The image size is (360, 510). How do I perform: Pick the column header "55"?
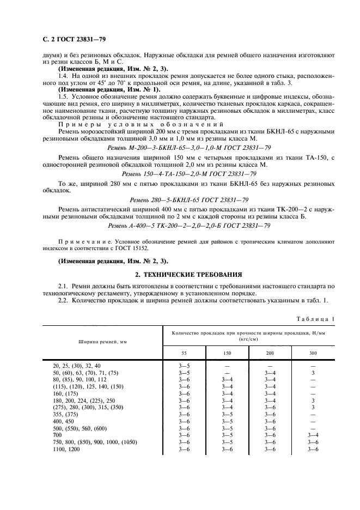coord(184,353)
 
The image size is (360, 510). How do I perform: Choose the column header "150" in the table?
coord(227,353)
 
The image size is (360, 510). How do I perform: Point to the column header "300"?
coord(313,353)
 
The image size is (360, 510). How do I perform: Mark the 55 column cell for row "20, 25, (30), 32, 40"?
coord(184,365)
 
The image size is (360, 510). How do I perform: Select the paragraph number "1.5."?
coord(64,96)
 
